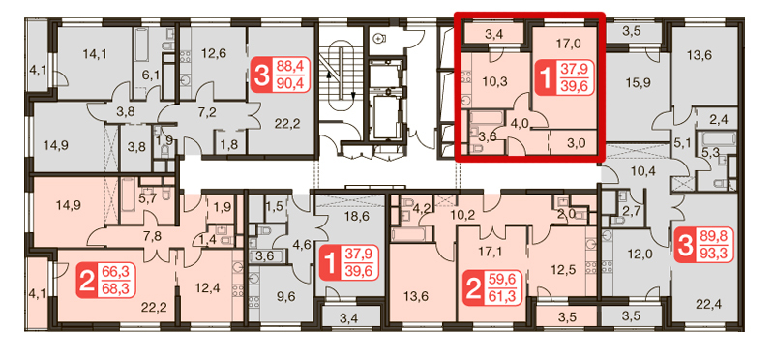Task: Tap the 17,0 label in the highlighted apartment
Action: coord(567,44)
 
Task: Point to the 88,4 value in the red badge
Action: coord(291,67)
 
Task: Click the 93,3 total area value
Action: coord(714,254)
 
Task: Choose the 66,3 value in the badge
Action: coord(115,273)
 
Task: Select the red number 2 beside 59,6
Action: coord(474,289)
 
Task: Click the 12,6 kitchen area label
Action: coord(213,53)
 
